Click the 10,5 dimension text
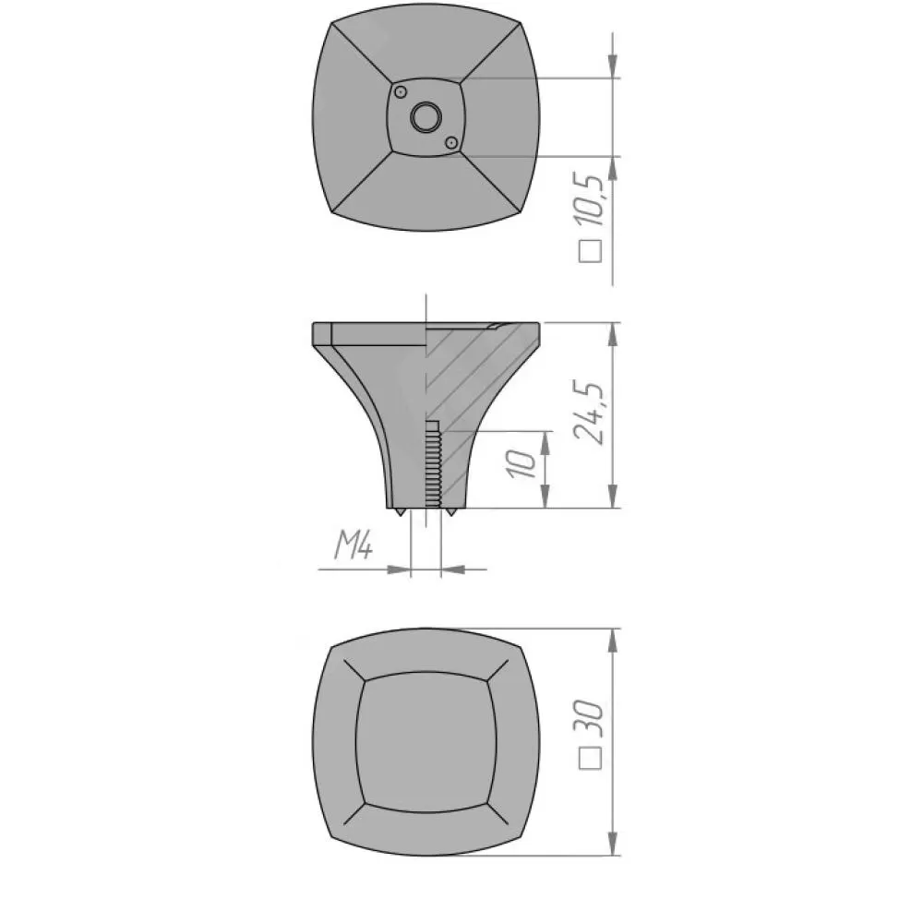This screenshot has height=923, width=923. pos(590,200)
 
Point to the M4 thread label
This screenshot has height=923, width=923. pos(354,545)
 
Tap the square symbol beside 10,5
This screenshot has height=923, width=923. pos(591,251)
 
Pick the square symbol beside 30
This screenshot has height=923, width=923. pos(591,758)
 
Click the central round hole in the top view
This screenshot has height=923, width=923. pos(425,118)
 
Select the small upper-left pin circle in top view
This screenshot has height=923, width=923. pos(401,92)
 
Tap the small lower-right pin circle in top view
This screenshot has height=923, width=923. pos(451,143)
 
